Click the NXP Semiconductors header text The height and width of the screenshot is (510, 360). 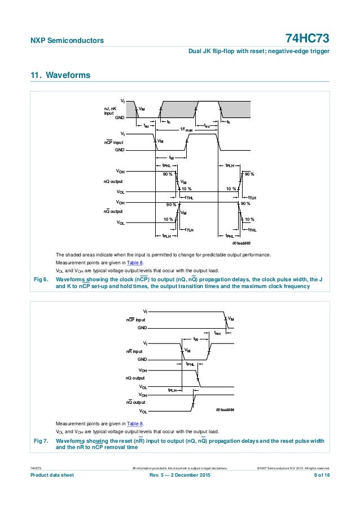pyautogui.click(x=67, y=40)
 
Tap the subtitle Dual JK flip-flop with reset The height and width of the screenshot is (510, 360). pyautogui.click(x=258, y=52)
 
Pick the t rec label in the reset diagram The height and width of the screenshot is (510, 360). pyautogui.click(x=218, y=333)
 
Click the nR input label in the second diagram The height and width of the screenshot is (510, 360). pyautogui.click(x=134, y=351)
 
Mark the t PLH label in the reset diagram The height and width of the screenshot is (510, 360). pyautogui.click(x=174, y=390)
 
